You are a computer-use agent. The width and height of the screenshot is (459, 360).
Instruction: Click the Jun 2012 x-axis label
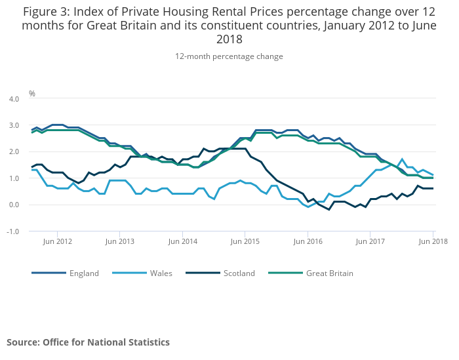coord(57,241)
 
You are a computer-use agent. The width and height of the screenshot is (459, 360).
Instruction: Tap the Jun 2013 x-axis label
coord(119,241)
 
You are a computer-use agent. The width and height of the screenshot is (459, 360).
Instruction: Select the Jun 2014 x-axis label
coord(182,241)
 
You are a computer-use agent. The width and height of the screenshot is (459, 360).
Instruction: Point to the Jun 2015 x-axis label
coord(245,241)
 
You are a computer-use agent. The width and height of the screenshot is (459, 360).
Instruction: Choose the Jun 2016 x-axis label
coord(308,241)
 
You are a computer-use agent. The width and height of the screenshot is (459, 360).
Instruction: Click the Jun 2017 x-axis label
coord(370,241)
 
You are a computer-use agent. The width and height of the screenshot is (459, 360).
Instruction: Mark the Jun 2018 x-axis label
coord(433,241)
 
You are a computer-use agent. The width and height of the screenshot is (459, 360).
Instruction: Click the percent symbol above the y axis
coord(31,94)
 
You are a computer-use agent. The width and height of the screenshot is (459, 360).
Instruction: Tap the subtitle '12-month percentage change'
coord(229,56)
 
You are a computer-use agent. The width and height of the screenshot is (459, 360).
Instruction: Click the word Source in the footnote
coord(23,342)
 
